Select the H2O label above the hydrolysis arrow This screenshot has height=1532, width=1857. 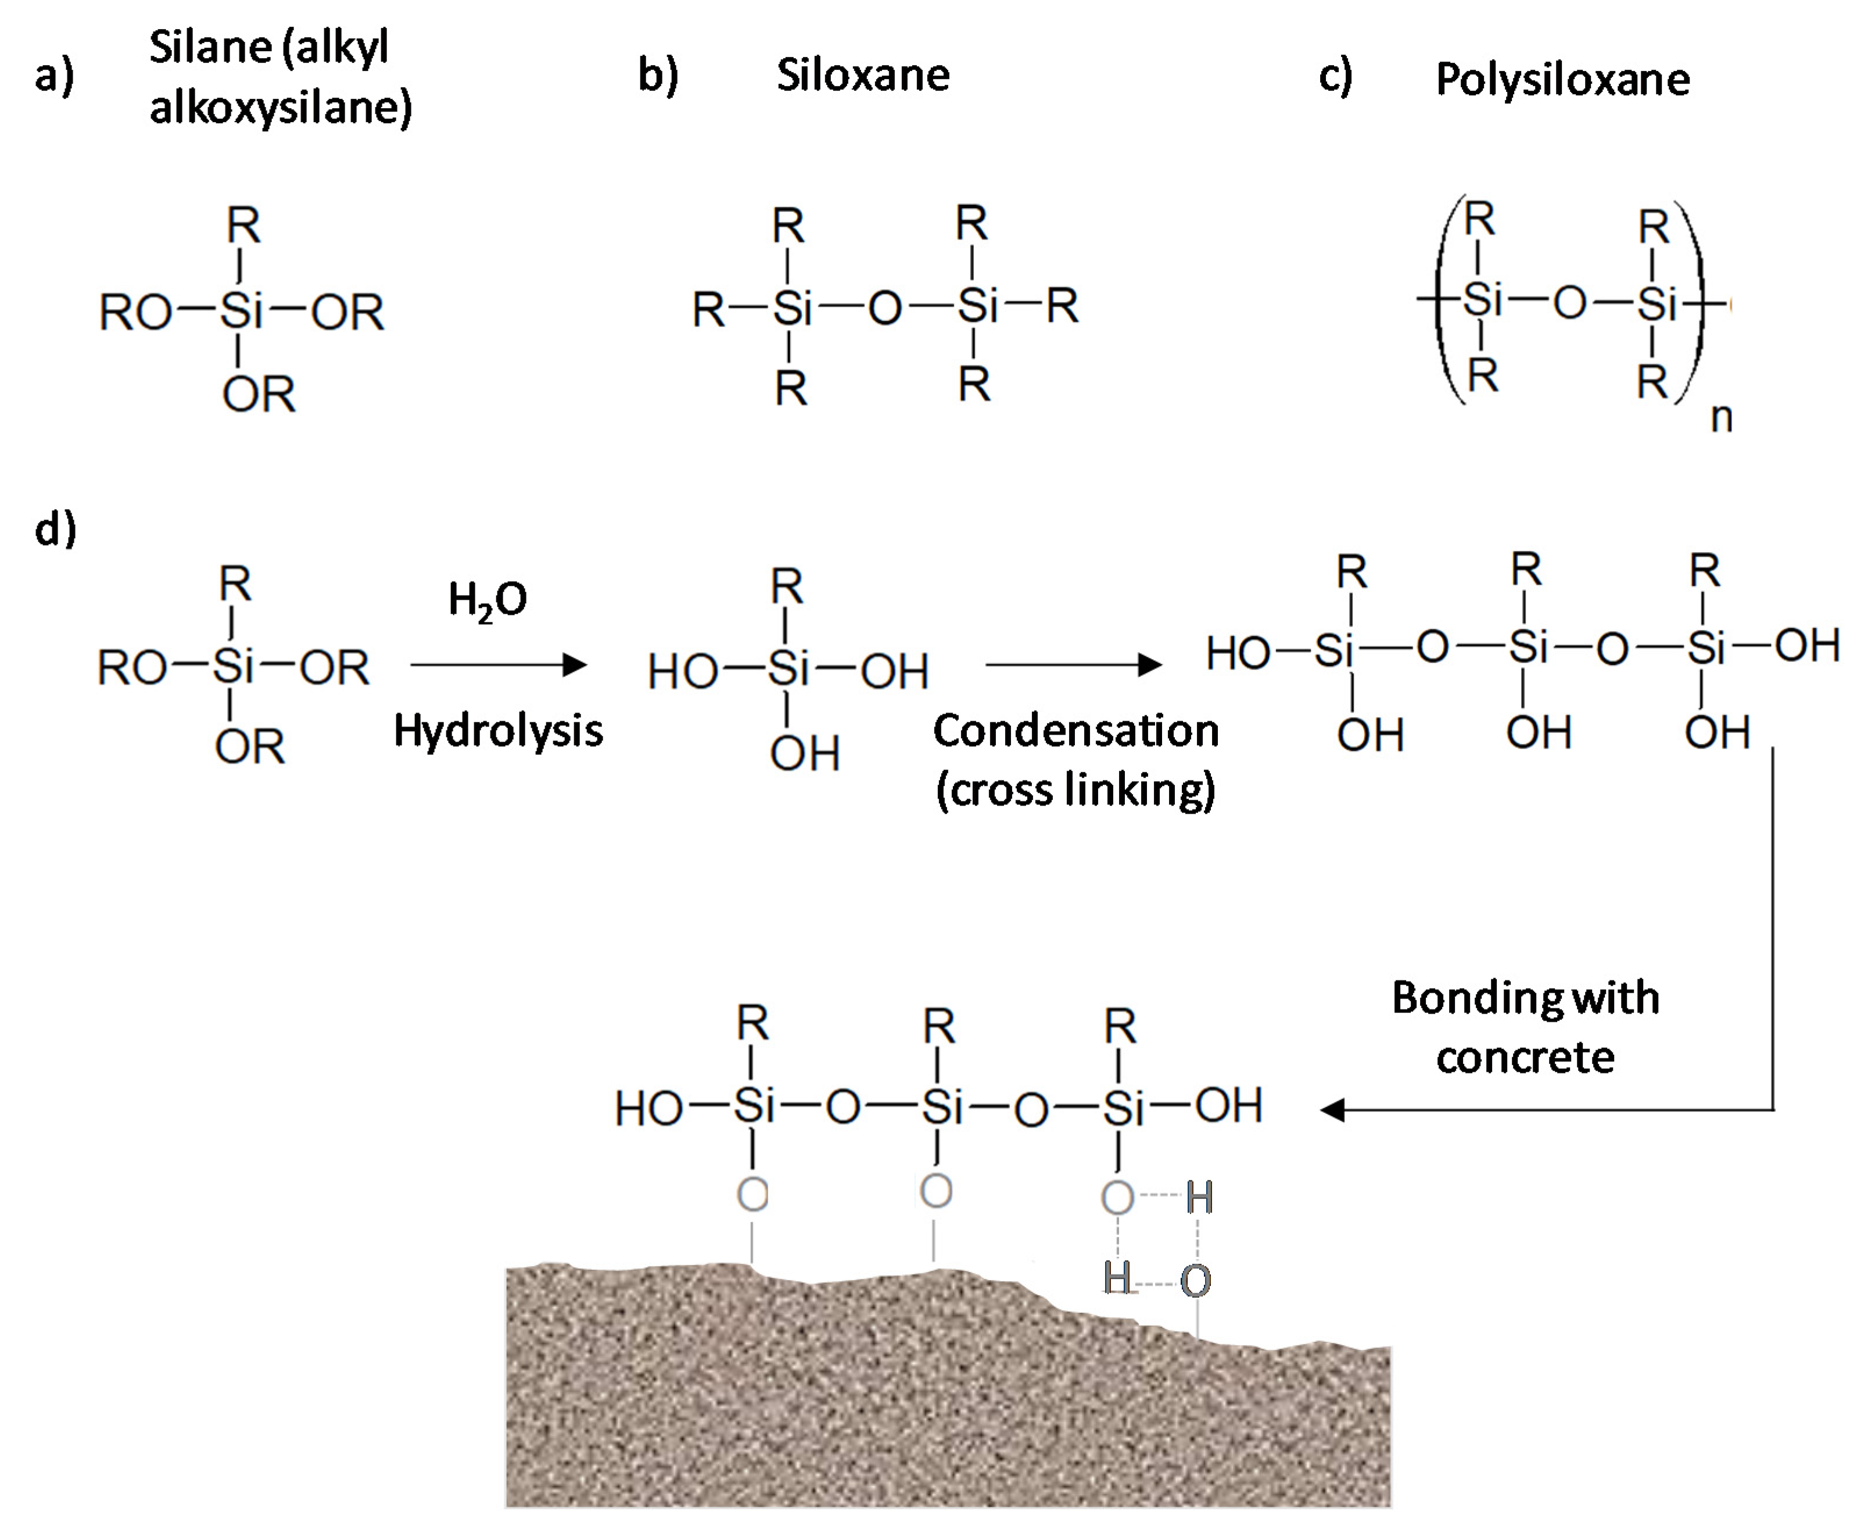(x=487, y=600)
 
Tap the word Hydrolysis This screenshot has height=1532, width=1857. (x=497, y=731)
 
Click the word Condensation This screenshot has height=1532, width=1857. (x=1076, y=731)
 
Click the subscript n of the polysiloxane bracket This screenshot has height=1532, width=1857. (x=1720, y=418)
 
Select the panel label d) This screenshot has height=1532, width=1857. (x=55, y=529)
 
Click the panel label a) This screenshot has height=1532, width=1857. (x=55, y=76)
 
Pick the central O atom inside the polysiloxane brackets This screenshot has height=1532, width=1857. (x=1569, y=303)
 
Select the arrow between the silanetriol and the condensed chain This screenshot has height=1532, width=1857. (x=1072, y=664)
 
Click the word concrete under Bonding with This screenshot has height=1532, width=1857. (x=1525, y=1057)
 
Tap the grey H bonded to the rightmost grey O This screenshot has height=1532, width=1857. (x=1199, y=1198)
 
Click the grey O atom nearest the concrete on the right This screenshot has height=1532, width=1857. (x=1195, y=1282)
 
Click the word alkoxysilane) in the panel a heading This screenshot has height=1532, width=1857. (x=281, y=108)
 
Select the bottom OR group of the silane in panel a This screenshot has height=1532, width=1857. (x=257, y=395)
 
